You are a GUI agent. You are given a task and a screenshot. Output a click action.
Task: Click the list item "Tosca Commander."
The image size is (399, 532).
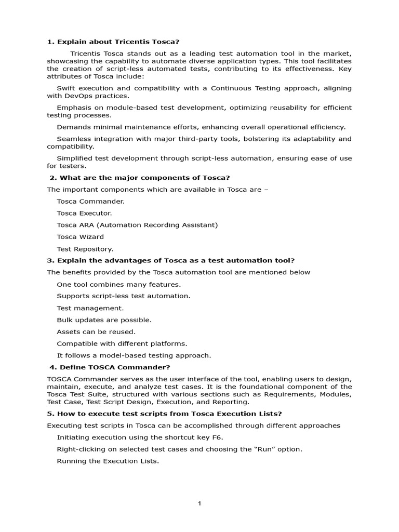click(x=90, y=201)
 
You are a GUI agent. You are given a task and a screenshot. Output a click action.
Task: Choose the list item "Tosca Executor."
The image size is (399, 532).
click(x=84, y=213)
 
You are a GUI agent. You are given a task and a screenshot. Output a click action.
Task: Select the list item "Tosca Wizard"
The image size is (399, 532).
click(x=80, y=237)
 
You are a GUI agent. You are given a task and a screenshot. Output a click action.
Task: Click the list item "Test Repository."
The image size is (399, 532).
click(x=85, y=249)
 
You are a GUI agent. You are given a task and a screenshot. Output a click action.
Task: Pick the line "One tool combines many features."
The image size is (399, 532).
click(x=118, y=284)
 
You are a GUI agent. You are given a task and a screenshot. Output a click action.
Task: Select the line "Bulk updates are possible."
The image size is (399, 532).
click(x=104, y=320)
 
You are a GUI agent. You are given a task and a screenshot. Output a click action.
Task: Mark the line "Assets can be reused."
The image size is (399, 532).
click(x=96, y=331)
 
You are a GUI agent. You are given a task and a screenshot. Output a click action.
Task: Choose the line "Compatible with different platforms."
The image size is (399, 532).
click(x=122, y=343)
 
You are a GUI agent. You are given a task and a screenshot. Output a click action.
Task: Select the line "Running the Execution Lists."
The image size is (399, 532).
click(x=108, y=461)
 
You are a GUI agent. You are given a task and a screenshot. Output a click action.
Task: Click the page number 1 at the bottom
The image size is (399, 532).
click(x=199, y=503)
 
